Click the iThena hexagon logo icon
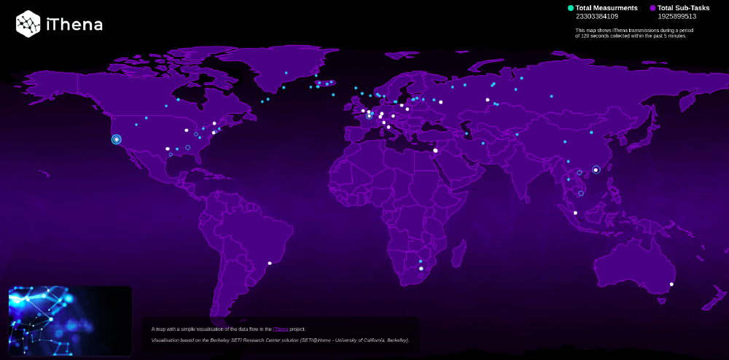click(x=28, y=23)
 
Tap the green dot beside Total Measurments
click(x=571, y=8)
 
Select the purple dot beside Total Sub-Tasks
click(x=652, y=8)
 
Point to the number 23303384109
click(x=596, y=16)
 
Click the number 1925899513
click(x=677, y=16)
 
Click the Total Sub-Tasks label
click(x=683, y=8)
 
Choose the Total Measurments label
click(x=607, y=8)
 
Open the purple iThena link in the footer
click(x=281, y=329)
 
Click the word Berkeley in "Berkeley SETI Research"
click(x=224, y=340)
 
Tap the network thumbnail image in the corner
click(x=70, y=321)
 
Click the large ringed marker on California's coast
click(x=116, y=139)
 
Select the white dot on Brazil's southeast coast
click(x=270, y=263)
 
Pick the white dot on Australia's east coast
click(x=671, y=284)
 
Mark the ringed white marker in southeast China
click(x=596, y=170)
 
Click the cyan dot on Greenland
click(x=286, y=73)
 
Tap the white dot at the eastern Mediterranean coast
click(x=435, y=151)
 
